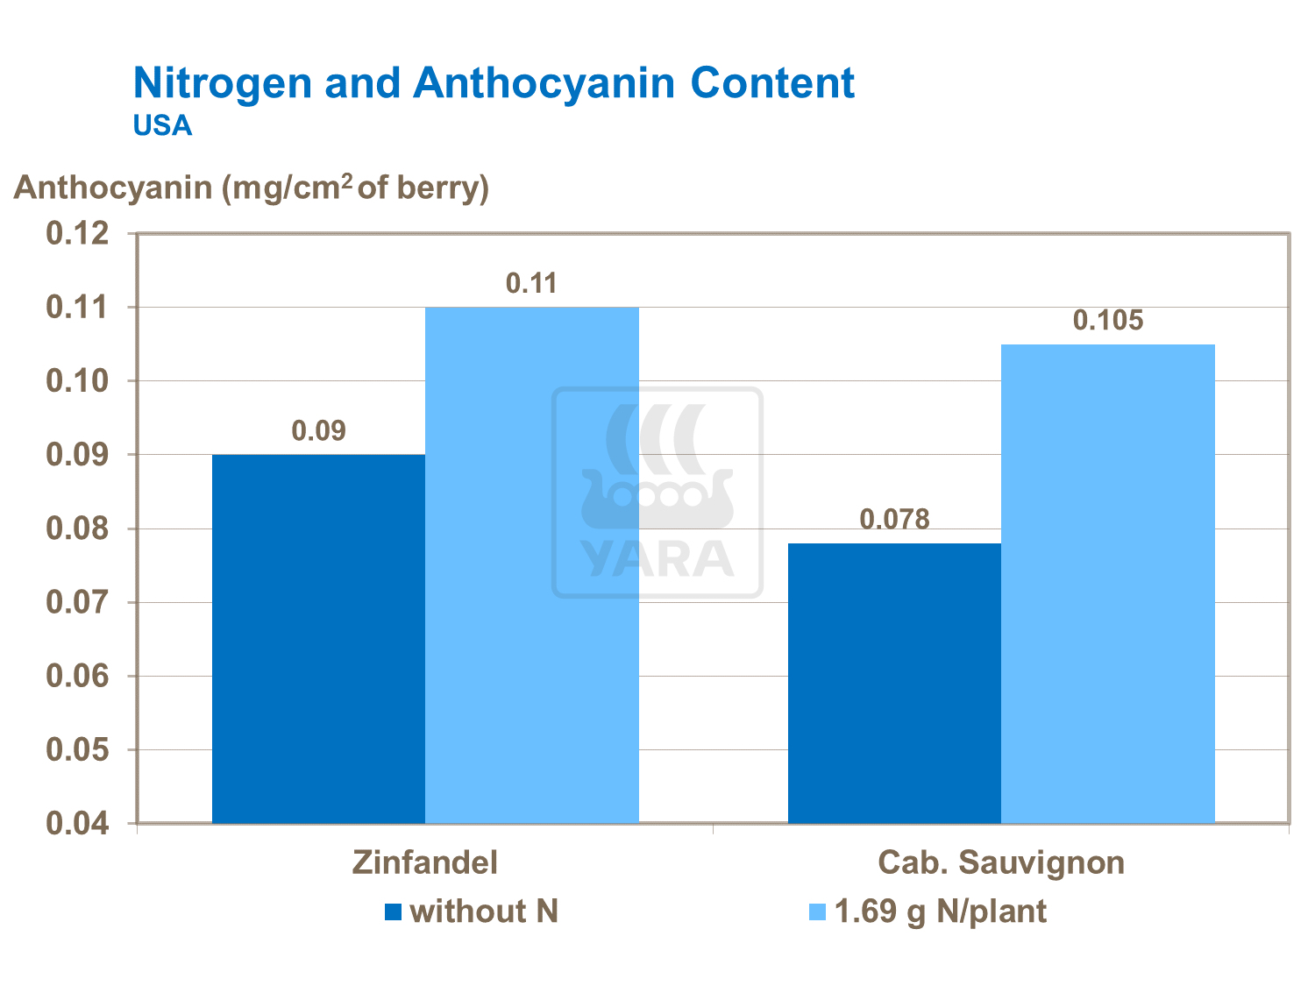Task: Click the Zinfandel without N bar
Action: click(318, 639)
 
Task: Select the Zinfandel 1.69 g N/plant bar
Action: click(532, 565)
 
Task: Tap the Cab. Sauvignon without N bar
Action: click(894, 683)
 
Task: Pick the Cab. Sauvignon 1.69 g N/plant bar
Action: click(1108, 584)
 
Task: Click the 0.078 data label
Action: click(894, 520)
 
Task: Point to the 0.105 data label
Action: click(1108, 321)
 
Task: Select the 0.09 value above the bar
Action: click(318, 431)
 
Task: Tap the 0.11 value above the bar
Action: click(532, 284)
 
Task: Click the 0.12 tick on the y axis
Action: click(77, 234)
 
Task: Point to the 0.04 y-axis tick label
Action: click(77, 824)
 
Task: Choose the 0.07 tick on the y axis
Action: click(77, 603)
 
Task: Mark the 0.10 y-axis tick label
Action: click(77, 382)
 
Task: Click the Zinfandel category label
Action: click(425, 862)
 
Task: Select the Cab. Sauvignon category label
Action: click(1001, 862)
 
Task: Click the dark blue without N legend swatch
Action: click(393, 912)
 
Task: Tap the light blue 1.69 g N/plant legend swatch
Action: click(817, 912)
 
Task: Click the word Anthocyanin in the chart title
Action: click(544, 83)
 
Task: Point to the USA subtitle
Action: click(162, 126)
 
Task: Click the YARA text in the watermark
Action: click(657, 559)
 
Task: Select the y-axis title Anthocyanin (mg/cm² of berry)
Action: click(252, 188)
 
